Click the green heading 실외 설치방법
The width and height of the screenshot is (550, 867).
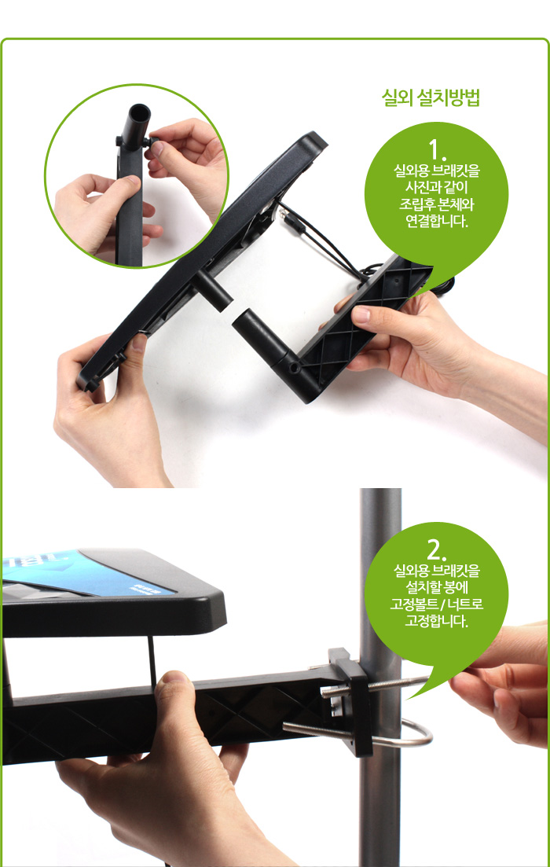coord(430,99)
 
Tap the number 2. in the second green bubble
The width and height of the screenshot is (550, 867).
coord(437,547)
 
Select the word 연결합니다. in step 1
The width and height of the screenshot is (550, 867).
coord(437,221)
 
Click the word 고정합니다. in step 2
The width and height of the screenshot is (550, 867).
coord(437,621)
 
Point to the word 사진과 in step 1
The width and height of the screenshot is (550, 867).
coord(417,187)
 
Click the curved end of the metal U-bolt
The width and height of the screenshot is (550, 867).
coord(424,737)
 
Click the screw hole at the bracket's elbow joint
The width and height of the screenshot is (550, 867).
coord(293,367)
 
